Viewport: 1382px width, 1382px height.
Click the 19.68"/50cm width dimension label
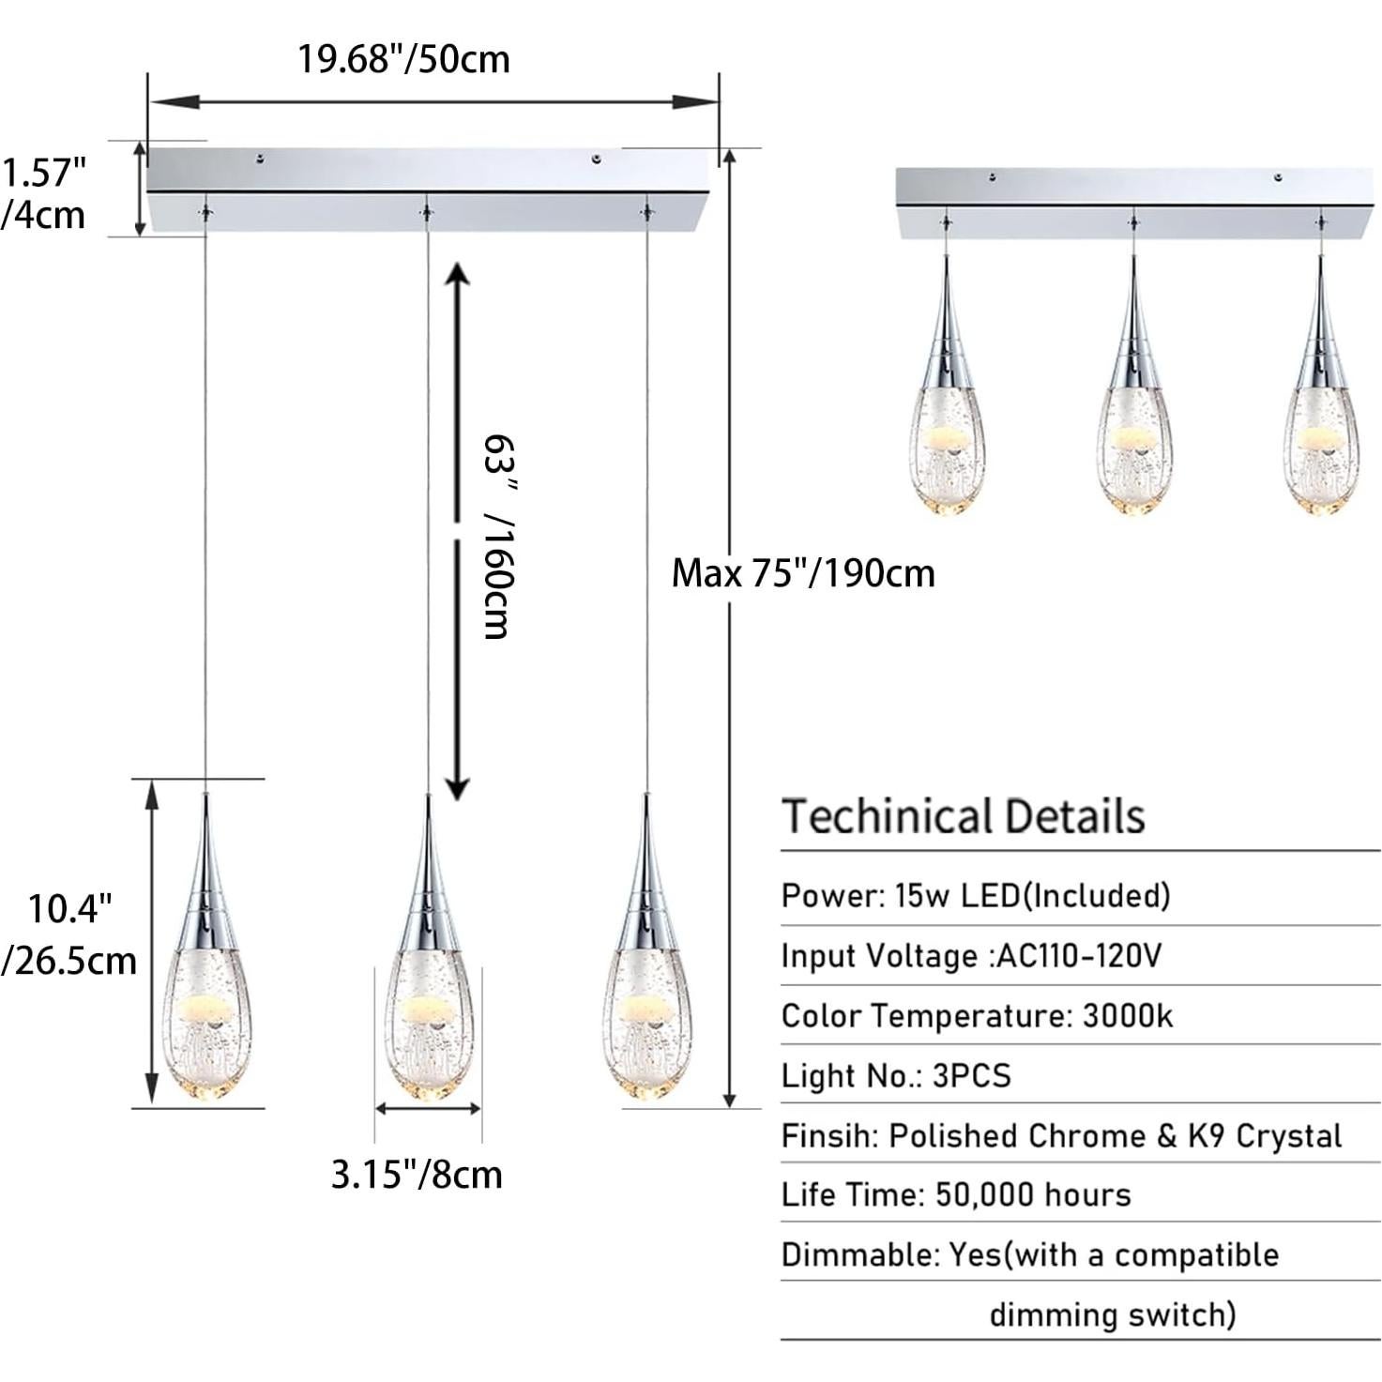[403, 59]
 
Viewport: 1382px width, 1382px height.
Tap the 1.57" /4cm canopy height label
[43, 194]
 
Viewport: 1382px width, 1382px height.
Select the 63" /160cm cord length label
[497, 536]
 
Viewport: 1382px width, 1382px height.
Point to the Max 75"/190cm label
[803, 572]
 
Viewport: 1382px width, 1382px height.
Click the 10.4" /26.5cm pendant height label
[69, 934]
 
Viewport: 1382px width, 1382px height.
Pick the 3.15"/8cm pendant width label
[417, 1175]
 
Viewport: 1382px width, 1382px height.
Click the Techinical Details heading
[964, 816]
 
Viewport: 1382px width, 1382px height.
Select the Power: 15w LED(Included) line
[976, 896]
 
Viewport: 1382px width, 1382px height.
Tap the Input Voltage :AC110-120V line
[971, 956]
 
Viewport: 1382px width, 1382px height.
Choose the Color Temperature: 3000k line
[977, 1016]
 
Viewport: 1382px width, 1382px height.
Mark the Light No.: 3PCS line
[896, 1076]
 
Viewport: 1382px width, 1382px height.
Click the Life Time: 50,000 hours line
[956, 1195]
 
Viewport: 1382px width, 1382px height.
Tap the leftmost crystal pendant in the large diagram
[205, 995]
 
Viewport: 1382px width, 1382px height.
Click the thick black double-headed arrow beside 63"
[456, 531]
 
